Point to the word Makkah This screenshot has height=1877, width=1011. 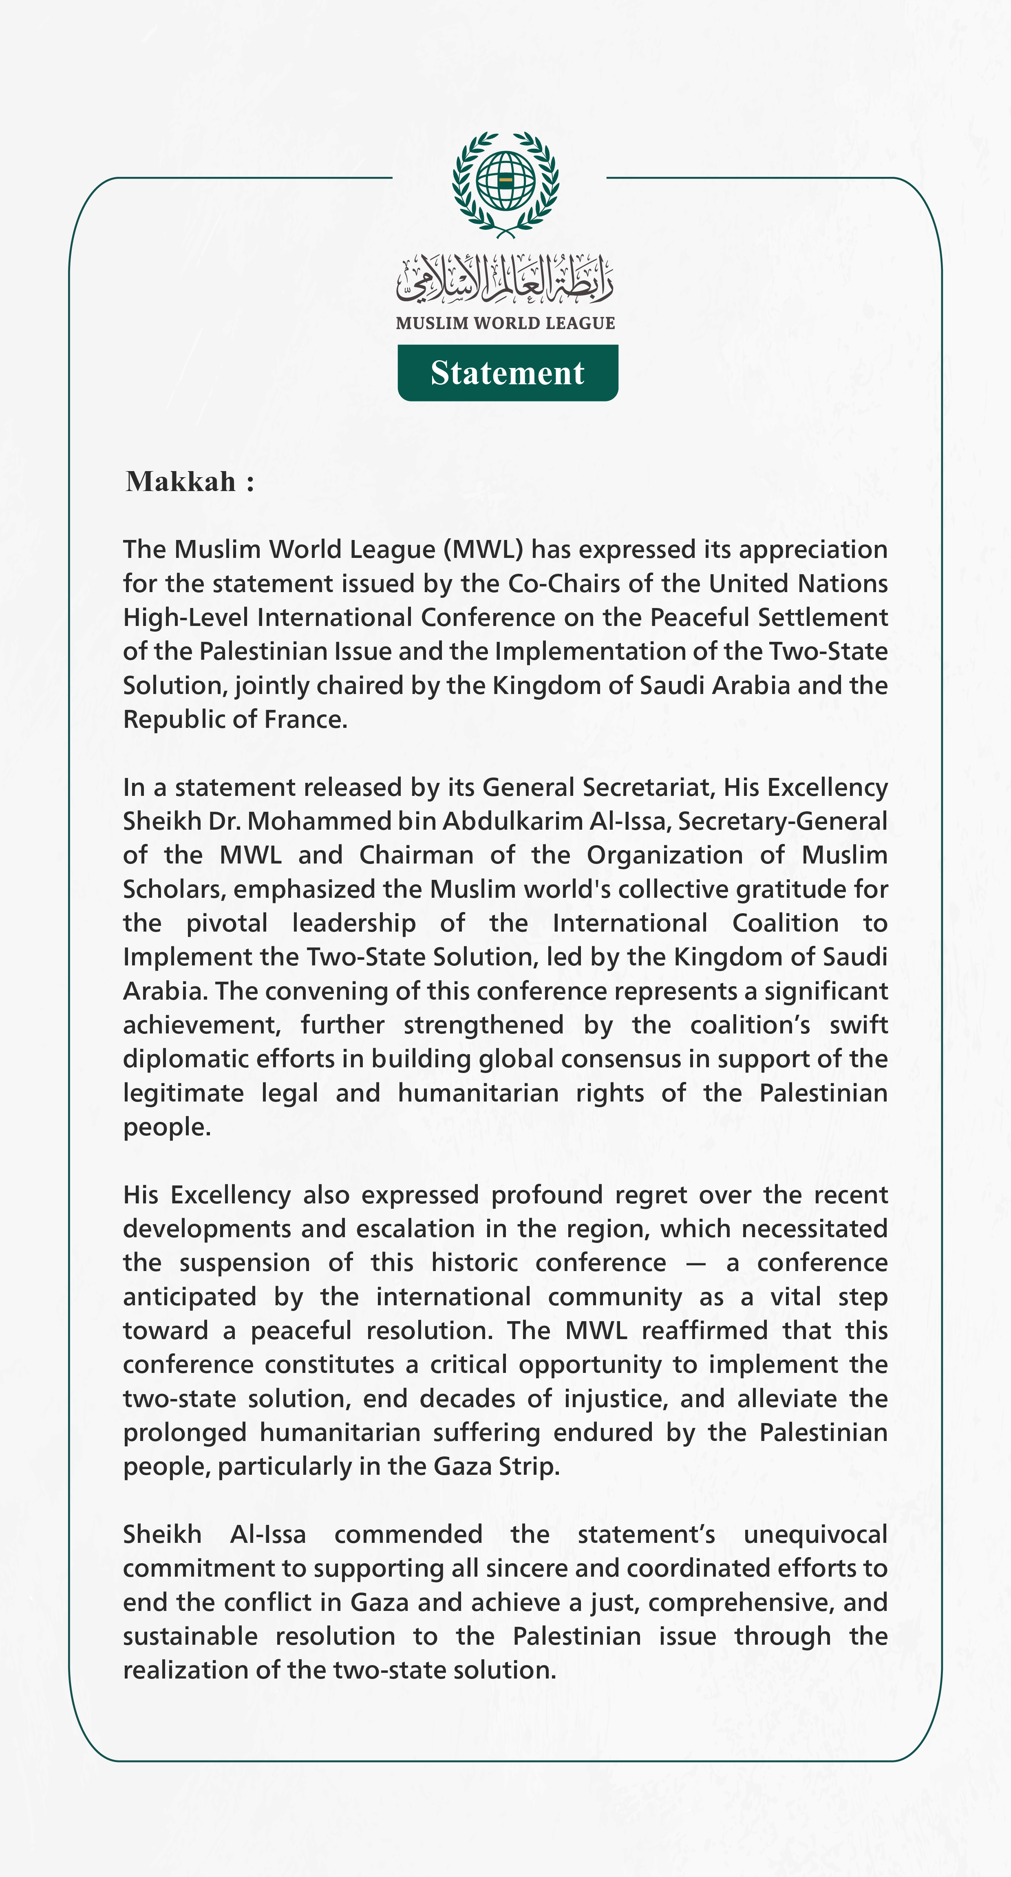[x=181, y=482]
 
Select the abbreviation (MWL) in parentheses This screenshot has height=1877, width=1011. [x=483, y=549]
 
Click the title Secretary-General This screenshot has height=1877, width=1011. [x=783, y=821]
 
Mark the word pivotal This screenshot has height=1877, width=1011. [x=227, y=923]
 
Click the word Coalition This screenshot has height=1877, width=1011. [x=785, y=923]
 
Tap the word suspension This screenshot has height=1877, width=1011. [x=244, y=1263]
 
